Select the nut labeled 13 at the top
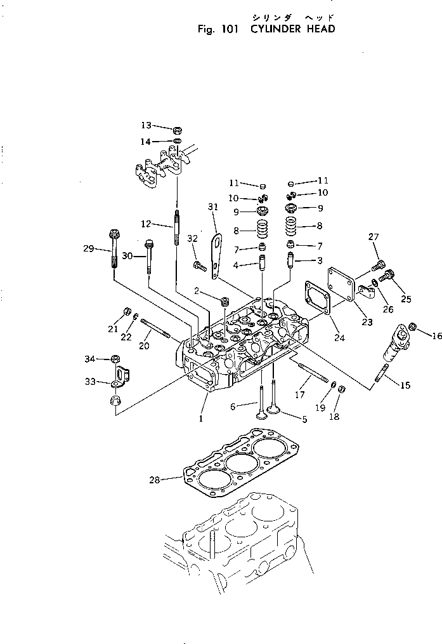[177, 130]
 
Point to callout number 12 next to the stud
[146, 224]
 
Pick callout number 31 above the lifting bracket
[212, 206]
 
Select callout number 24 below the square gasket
[339, 338]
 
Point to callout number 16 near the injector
[437, 335]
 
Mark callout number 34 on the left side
[90, 359]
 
